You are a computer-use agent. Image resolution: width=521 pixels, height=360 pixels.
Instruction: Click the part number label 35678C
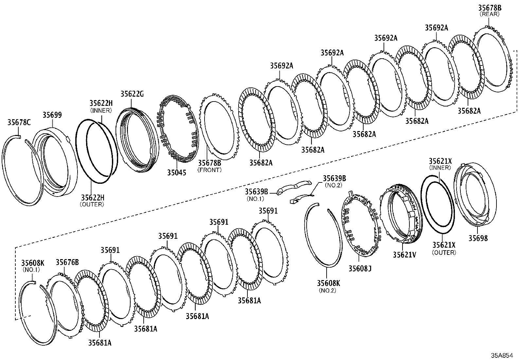(x=19, y=123)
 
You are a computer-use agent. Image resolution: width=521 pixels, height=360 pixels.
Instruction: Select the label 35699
(x=52, y=115)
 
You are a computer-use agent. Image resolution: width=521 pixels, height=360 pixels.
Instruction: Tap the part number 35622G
(x=132, y=94)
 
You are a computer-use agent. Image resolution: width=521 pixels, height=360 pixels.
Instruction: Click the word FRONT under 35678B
(x=209, y=170)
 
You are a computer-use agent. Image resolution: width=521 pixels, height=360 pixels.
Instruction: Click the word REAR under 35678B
(x=490, y=14)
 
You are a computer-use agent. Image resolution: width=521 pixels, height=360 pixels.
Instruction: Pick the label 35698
(x=478, y=238)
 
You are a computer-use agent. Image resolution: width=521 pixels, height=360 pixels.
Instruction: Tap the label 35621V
(x=404, y=255)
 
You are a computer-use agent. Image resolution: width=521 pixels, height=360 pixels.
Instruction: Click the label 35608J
(x=360, y=269)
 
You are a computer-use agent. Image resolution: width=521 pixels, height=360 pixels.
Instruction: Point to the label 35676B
(x=67, y=262)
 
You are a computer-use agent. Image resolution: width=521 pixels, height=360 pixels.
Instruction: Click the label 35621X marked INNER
(x=440, y=161)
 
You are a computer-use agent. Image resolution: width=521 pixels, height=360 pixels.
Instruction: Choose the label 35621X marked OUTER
(x=444, y=245)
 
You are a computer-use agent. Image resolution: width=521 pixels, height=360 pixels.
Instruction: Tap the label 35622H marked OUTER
(x=92, y=198)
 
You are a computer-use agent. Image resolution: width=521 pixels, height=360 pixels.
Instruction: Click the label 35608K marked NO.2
(x=328, y=283)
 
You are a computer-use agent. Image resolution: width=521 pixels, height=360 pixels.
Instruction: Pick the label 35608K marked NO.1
(x=32, y=263)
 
